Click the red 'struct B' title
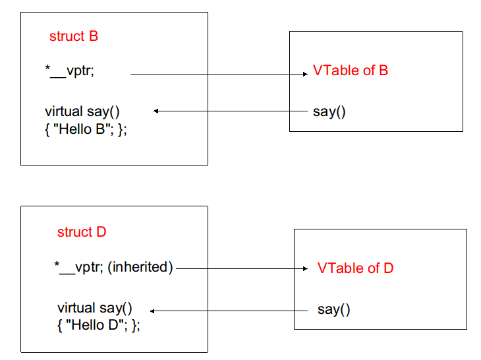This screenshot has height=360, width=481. [73, 36]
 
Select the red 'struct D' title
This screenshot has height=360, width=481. [82, 232]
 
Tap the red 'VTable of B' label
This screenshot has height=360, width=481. [350, 71]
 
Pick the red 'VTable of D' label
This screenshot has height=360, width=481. [355, 268]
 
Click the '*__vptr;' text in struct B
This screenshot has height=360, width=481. [69, 71]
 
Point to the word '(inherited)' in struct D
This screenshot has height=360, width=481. [141, 268]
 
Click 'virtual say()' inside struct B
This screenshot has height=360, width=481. [82, 111]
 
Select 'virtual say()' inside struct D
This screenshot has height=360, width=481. [95, 308]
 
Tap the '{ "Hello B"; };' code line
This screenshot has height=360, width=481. [86, 129]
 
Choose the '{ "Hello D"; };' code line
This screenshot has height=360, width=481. [99, 326]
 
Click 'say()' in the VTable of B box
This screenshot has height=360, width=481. [329, 111]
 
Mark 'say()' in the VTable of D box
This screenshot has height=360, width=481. [334, 309]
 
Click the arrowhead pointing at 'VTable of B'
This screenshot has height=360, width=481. [305, 75]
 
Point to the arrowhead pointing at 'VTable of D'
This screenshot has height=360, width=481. [305, 269]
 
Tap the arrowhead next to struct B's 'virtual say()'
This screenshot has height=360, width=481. [157, 111]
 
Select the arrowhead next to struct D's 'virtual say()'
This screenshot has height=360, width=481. [153, 310]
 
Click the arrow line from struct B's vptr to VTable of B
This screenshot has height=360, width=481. [217, 75]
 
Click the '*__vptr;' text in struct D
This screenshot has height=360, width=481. [78, 268]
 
